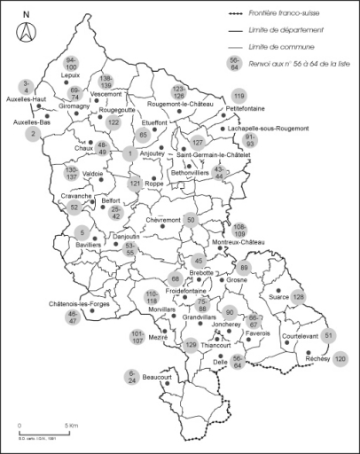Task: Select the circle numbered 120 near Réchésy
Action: (x=340, y=359)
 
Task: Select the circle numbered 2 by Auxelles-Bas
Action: (x=33, y=134)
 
